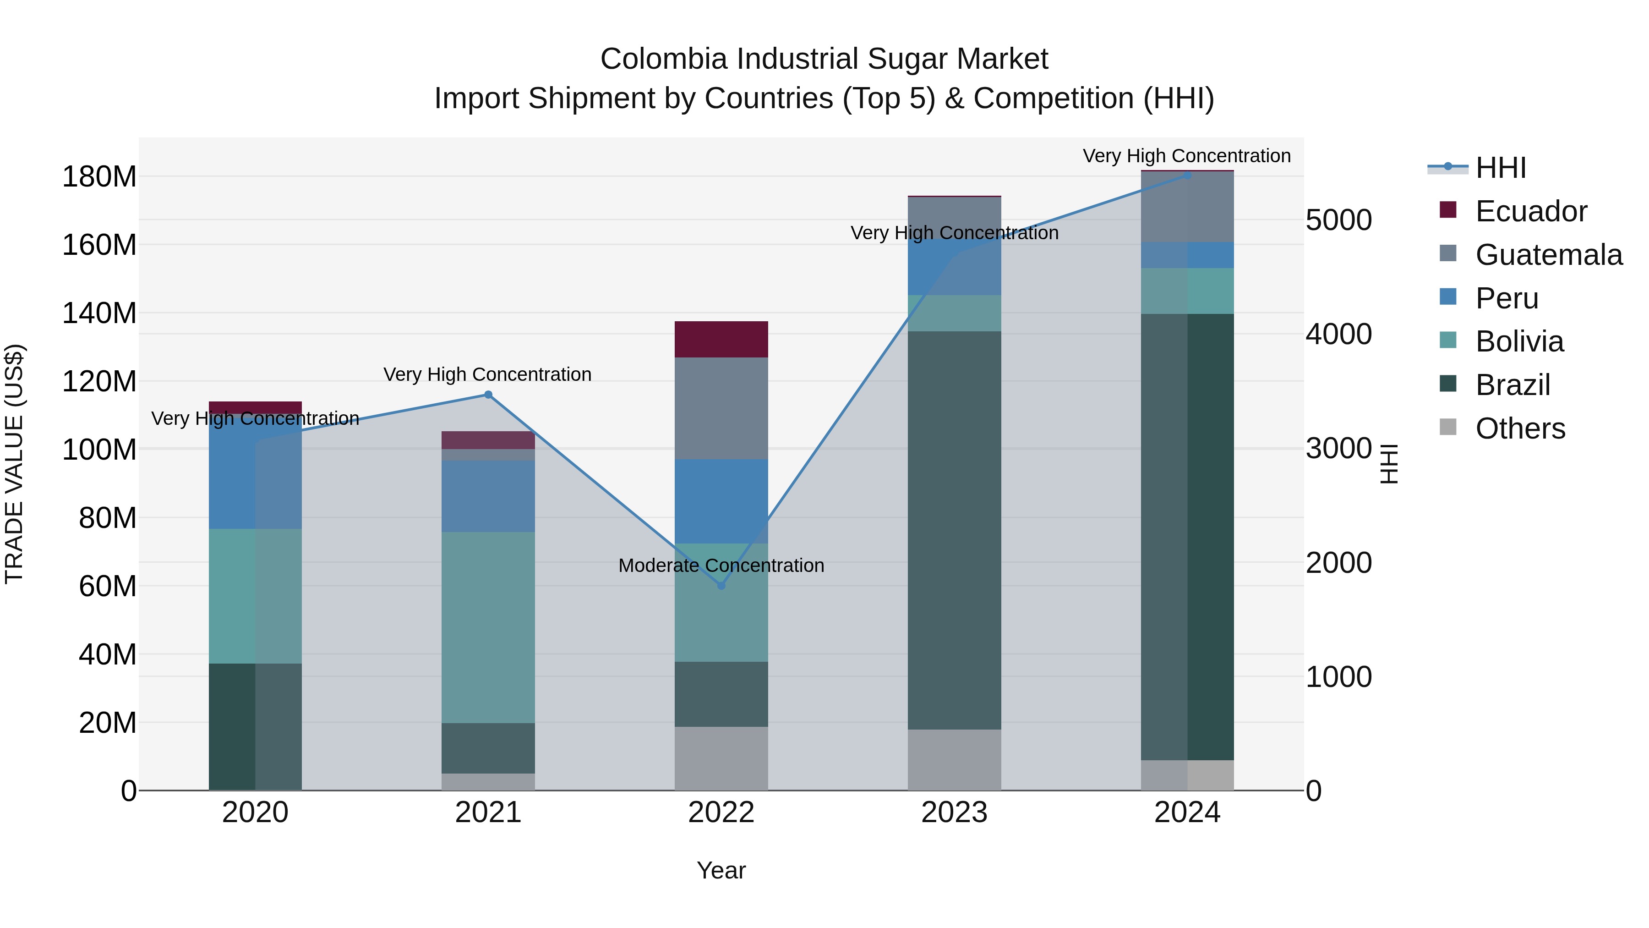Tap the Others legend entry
[x=1520, y=429]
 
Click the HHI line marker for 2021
[x=488, y=395]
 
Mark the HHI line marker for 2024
[x=1187, y=175]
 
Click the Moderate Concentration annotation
[x=721, y=566]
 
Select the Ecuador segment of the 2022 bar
[x=721, y=340]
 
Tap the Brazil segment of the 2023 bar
[x=955, y=530]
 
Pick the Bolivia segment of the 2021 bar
[x=488, y=628]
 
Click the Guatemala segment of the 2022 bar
[x=721, y=409]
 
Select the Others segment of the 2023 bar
[x=955, y=760]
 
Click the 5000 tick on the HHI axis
[x=1338, y=220]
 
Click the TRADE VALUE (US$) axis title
[x=14, y=464]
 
